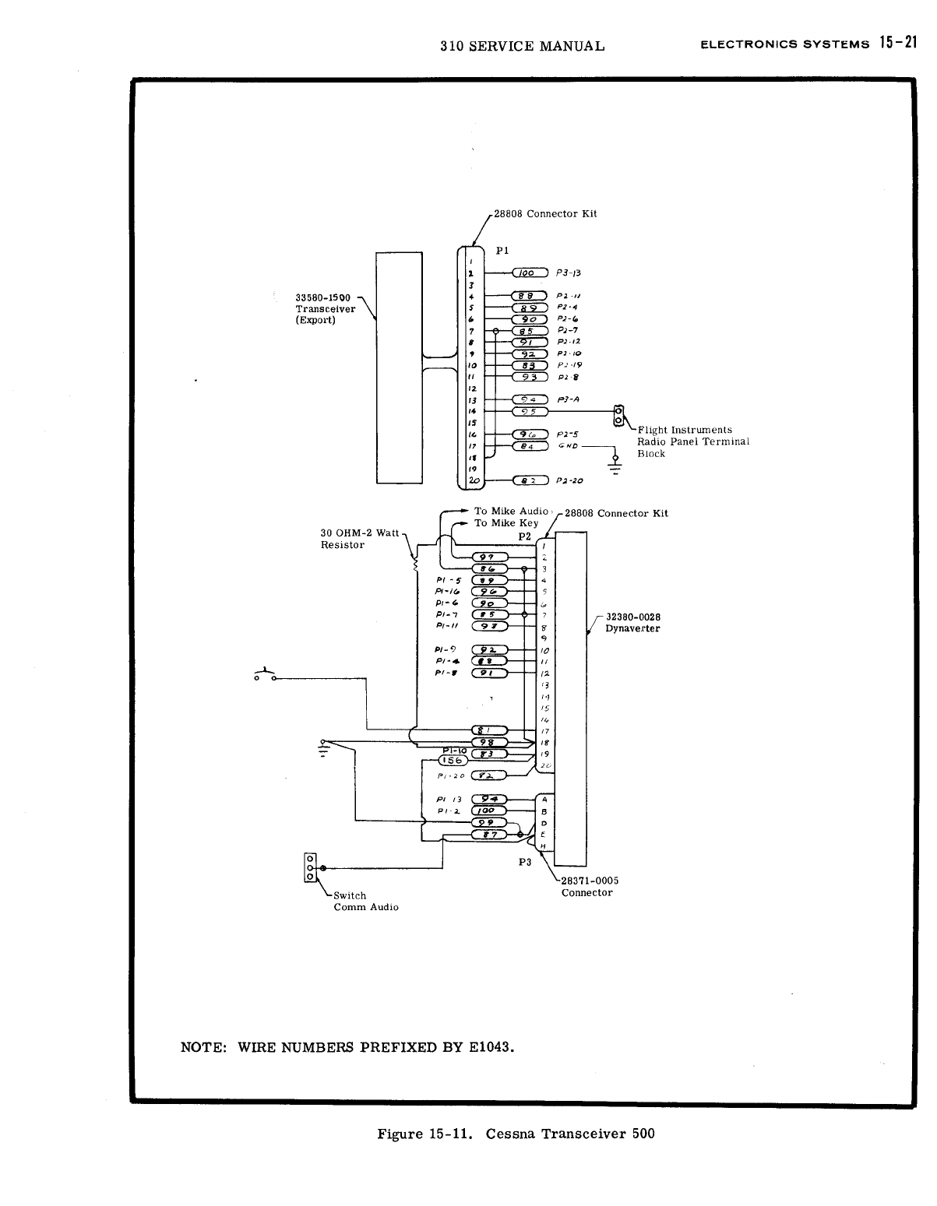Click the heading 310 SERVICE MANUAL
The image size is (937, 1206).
[x=522, y=46]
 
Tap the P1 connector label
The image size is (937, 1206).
[x=502, y=251]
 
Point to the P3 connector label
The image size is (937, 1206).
[x=525, y=862]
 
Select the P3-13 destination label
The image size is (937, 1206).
[x=569, y=273]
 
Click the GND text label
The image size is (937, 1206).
[x=569, y=446]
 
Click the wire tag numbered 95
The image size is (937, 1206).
[x=530, y=411]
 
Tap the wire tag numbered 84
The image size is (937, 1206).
[x=530, y=446]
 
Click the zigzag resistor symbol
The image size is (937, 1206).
[x=415, y=561]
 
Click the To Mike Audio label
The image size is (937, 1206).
[x=512, y=512]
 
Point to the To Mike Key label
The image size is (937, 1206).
[x=506, y=523]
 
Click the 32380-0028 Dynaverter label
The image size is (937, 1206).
[x=632, y=623]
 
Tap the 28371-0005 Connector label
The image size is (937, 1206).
[x=590, y=886]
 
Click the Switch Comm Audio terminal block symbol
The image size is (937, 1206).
[x=310, y=867]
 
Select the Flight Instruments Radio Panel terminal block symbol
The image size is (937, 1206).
[x=619, y=414]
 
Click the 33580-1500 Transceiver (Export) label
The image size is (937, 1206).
[x=325, y=309]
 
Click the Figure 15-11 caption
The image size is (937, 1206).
[x=516, y=1134]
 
